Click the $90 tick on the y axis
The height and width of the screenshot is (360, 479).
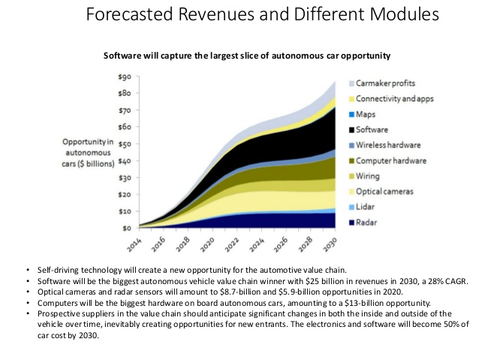click(x=125, y=77)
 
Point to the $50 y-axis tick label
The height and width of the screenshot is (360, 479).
click(x=125, y=144)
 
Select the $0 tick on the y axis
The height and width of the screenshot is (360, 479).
click(x=128, y=227)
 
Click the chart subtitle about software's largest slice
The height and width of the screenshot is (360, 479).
click(x=247, y=55)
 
